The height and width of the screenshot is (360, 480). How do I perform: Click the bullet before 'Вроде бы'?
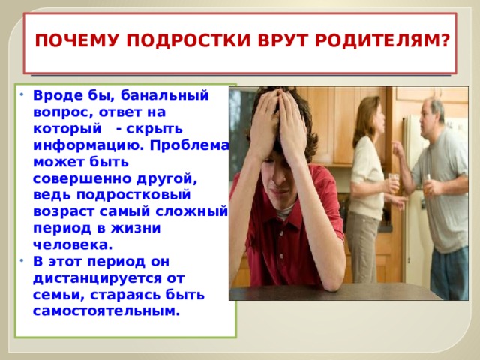pyautogui.click(x=22, y=94)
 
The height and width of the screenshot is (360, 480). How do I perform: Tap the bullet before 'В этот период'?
pyautogui.click(x=22, y=261)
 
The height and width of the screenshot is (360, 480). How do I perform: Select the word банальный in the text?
pyautogui.click(x=164, y=95)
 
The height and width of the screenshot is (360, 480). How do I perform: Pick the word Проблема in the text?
pyautogui.click(x=189, y=145)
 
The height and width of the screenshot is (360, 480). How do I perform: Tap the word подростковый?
pyautogui.click(x=133, y=196)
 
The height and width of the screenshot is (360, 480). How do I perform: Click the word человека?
pyautogui.click(x=73, y=245)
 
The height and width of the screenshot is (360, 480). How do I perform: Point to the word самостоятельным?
pyautogui.click(x=106, y=311)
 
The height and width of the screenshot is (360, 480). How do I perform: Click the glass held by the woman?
pyautogui.click(x=394, y=183)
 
